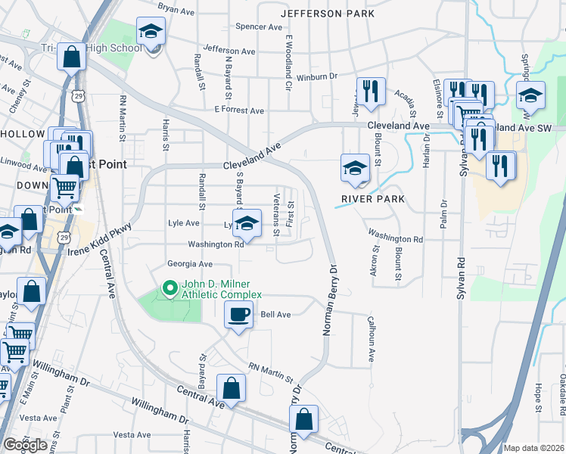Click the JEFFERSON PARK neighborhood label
pyautogui.click(x=327, y=14)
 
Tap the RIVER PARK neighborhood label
pyautogui.click(x=373, y=199)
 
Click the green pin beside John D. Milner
pyautogui.click(x=169, y=288)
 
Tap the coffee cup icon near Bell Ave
pyautogui.click(x=238, y=315)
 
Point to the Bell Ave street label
pyautogui.click(x=275, y=314)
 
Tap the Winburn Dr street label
pyautogui.click(x=316, y=76)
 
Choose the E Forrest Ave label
pyautogui.click(x=238, y=110)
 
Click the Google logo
pyautogui.click(x=25, y=444)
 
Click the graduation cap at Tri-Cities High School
pyautogui.click(x=151, y=33)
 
